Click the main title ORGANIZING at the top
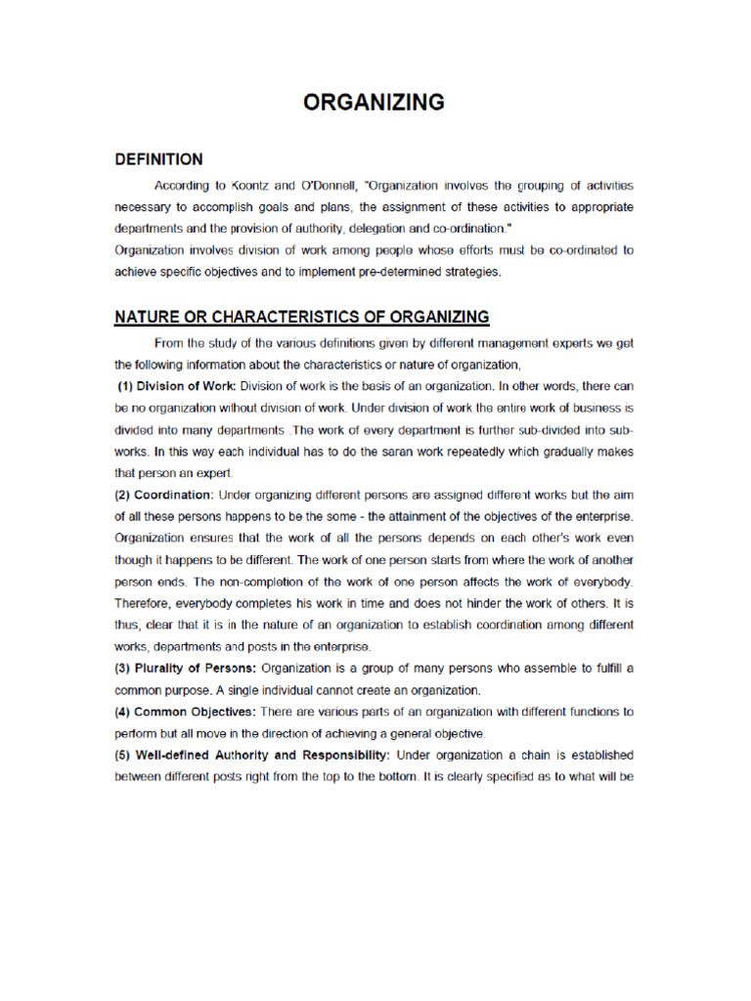pos(375,102)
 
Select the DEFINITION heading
pos(158,159)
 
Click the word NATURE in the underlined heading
pos(147,317)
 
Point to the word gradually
pos(562,451)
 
